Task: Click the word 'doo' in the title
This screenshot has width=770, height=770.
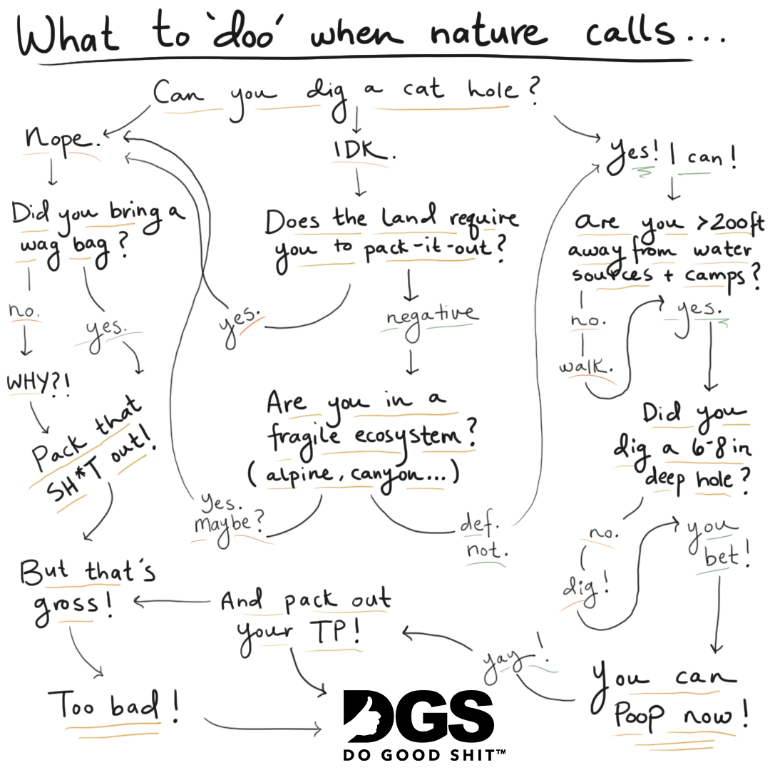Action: [244, 31]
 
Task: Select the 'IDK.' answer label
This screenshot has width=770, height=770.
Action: [364, 150]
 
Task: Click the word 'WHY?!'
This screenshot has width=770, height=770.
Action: [38, 383]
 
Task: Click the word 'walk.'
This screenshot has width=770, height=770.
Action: [585, 366]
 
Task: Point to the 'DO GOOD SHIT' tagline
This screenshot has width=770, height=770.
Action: [424, 754]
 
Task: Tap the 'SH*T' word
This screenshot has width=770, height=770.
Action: [73, 481]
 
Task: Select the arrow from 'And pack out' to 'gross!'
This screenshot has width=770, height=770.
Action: [172, 602]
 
